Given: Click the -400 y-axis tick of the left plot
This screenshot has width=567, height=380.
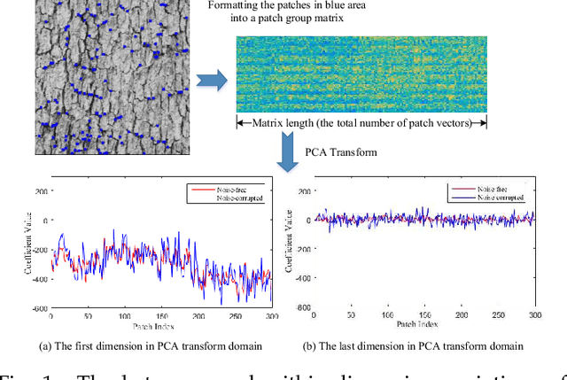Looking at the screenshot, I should coord(40,278).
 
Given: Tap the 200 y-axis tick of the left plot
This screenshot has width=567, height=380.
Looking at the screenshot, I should coord(42,190).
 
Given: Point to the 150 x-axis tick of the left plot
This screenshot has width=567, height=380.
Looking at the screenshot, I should coord(159,316).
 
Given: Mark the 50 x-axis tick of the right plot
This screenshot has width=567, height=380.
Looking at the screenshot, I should coord(351,316).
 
